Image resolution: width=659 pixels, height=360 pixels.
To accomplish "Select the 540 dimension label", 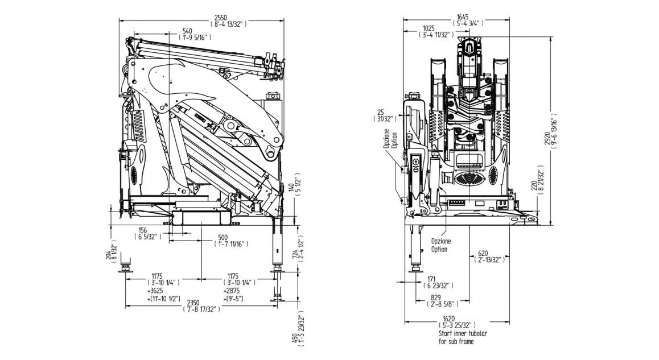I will tap(187, 30).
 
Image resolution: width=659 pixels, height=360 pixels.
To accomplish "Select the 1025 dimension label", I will tap(429, 28).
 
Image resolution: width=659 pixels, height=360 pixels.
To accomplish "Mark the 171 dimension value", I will tap(434, 279).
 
